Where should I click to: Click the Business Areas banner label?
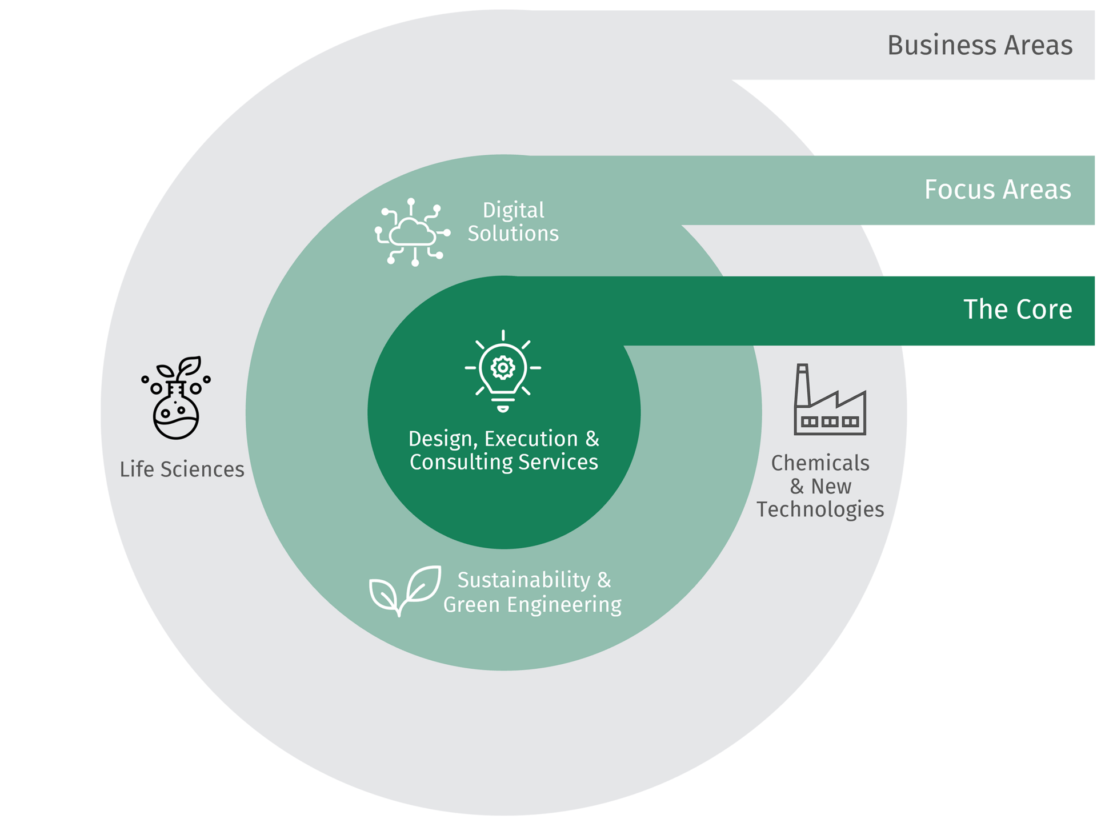pos(979,46)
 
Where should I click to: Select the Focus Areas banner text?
pos(998,190)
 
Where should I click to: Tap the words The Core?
pos(1018,310)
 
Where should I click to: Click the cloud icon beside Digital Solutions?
pos(413,232)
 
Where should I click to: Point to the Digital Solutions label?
pos(513,222)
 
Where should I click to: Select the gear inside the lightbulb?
pos(503,367)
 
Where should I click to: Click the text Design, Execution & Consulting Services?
pos(504,450)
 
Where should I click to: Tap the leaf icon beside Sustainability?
pos(406,590)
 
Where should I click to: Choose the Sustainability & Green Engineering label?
pos(533,592)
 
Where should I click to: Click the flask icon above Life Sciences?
pos(176,398)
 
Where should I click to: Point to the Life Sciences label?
pos(182,469)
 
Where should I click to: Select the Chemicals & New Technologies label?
pos(820,486)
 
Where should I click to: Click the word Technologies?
pos(820,509)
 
